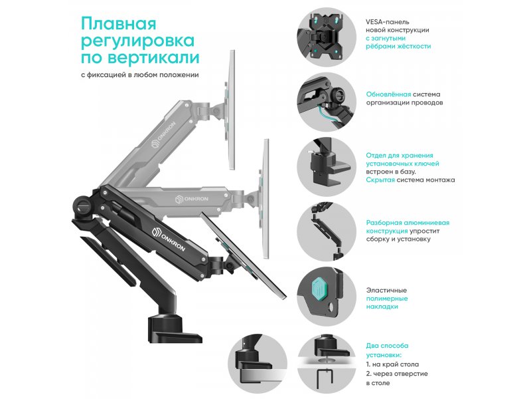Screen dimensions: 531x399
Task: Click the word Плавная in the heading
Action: (x=119, y=24)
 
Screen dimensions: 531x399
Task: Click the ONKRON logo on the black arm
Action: (x=169, y=239)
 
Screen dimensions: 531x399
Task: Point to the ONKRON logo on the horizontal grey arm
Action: (x=192, y=199)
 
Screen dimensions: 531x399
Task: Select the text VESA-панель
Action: (x=387, y=22)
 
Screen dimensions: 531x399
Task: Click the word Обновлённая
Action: (x=388, y=94)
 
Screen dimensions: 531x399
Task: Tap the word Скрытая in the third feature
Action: (x=380, y=180)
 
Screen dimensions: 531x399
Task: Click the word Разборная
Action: (x=386, y=223)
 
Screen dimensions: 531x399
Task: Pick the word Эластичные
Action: (x=386, y=290)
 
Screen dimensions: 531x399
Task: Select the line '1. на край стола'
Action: (x=392, y=364)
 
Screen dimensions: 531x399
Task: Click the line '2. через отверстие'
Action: (x=397, y=374)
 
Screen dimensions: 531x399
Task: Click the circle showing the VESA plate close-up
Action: (x=327, y=37)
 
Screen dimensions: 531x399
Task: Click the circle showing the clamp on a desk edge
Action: (x=258, y=364)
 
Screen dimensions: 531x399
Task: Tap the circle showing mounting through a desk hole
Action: (x=327, y=364)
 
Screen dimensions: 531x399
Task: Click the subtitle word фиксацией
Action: (x=106, y=74)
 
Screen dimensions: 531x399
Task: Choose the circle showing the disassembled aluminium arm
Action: (x=327, y=231)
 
